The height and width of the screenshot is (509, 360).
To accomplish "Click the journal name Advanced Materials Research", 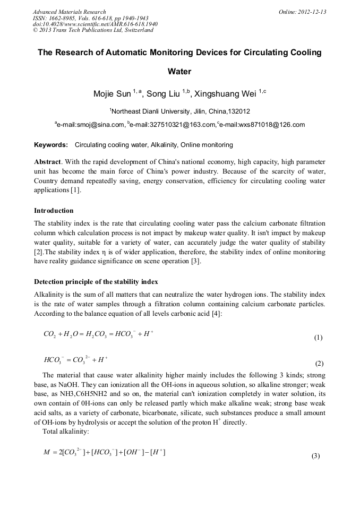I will [x=69, y=12].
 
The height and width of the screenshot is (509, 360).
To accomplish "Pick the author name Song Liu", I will [x=163, y=94].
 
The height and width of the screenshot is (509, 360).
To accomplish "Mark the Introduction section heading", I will [x=54, y=211].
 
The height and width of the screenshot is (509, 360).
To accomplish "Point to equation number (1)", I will [x=318, y=337].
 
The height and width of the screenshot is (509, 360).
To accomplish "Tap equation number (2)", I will [x=319, y=364].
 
